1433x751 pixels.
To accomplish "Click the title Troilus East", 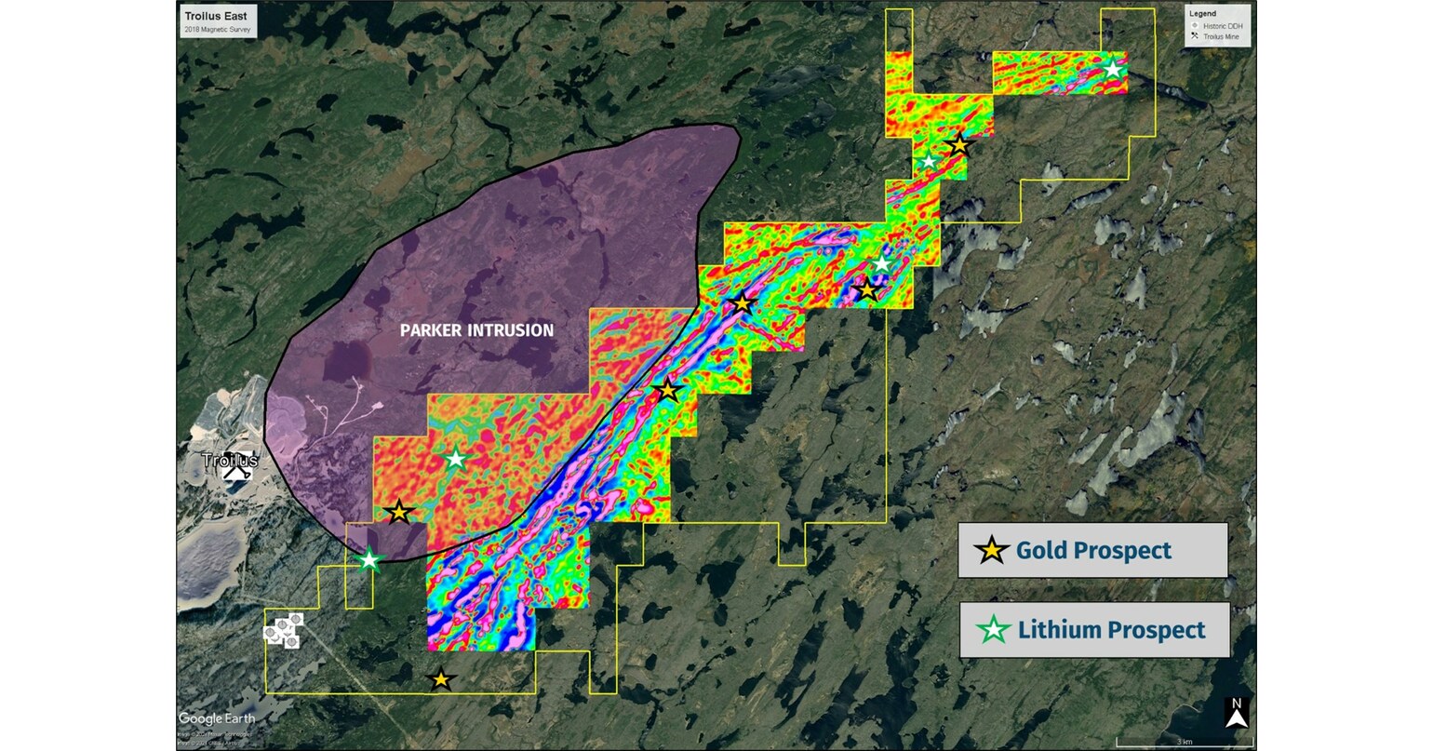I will pyautogui.click(x=216, y=17).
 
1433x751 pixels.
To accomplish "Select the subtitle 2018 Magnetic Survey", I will pyautogui.click(x=216, y=30).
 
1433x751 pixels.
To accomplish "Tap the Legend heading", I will pyautogui.click(x=1201, y=14).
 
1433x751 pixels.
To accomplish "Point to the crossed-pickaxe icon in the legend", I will pyautogui.click(x=1194, y=36).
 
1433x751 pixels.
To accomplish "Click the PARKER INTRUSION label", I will pyautogui.click(x=476, y=330).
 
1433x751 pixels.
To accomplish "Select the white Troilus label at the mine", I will pyautogui.click(x=229, y=460).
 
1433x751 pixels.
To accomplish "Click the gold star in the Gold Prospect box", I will pyautogui.click(x=992, y=550).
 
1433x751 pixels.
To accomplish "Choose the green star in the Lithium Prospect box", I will pyautogui.click(x=994, y=630).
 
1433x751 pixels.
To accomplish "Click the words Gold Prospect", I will pyautogui.click(x=1093, y=550).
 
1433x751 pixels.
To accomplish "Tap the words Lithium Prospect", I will pyautogui.click(x=1111, y=630).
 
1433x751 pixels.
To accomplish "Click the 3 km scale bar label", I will pyautogui.click(x=1185, y=742).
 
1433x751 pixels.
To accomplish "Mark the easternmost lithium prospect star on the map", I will pyautogui.click(x=1112, y=69).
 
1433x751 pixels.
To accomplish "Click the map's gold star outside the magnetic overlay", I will pyautogui.click(x=441, y=680).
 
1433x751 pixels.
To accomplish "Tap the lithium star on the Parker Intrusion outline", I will pyautogui.click(x=369, y=559).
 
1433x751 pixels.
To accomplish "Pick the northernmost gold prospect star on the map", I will pyautogui.click(x=958, y=145).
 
